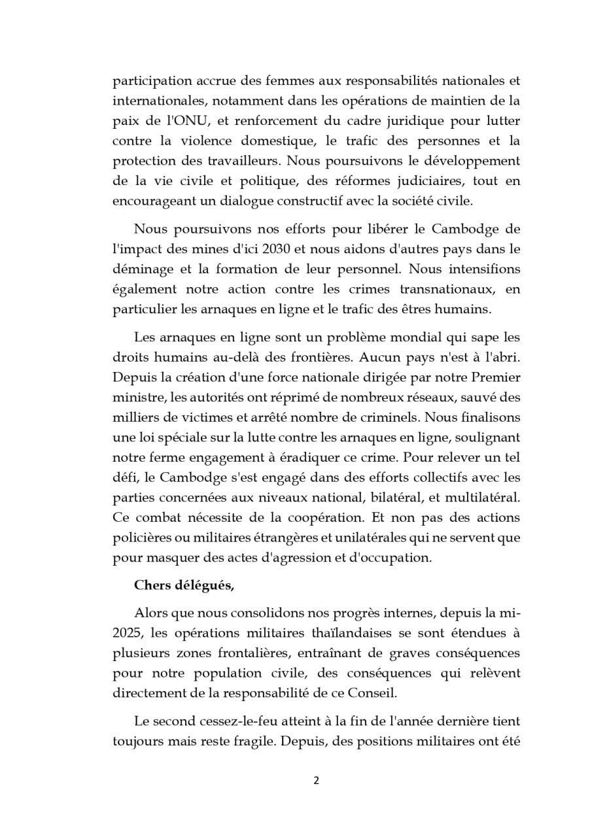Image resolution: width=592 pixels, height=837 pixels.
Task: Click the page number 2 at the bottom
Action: [x=316, y=780]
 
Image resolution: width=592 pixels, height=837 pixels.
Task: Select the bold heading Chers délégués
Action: [x=184, y=586]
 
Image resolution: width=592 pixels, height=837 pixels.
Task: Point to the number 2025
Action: [x=123, y=632]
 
